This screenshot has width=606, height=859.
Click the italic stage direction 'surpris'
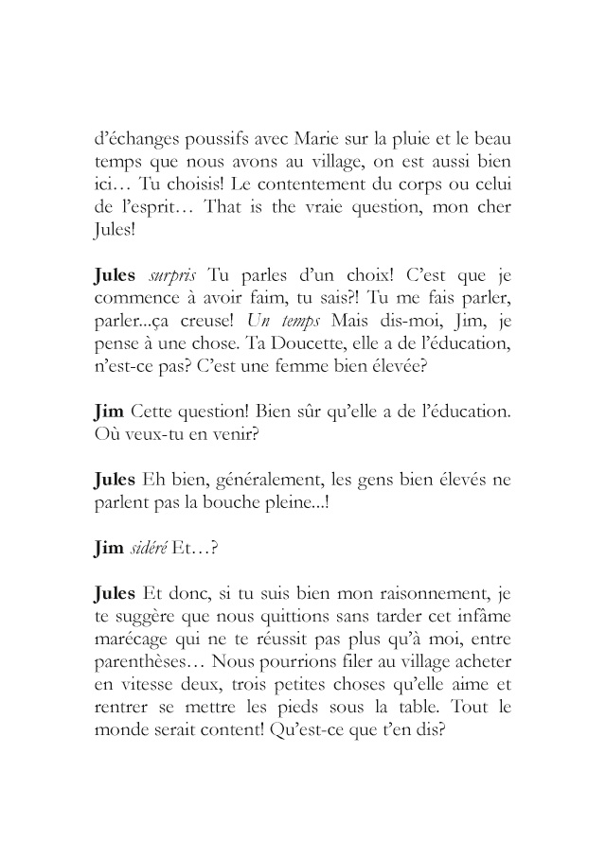pos(172,275)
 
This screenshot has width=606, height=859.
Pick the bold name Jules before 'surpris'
pos(117,275)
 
